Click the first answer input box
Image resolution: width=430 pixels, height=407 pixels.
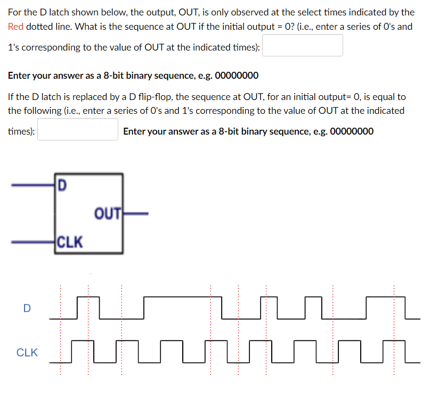[x=303, y=46]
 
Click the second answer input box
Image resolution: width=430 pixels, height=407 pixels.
[x=78, y=130]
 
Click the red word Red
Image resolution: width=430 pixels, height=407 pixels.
[x=16, y=26]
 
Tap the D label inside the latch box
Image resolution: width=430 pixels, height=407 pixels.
[x=62, y=186]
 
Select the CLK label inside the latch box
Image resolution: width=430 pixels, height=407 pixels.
[x=70, y=243]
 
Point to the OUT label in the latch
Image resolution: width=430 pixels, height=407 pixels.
[x=108, y=214]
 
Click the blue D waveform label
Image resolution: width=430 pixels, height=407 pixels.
[x=27, y=308]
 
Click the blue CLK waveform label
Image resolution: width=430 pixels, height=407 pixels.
[x=27, y=352]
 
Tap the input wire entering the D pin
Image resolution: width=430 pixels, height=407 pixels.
[x=33, y=185]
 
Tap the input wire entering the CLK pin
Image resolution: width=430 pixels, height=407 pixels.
[x=33, y=242]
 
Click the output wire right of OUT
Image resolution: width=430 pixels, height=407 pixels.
[x=135, y=214]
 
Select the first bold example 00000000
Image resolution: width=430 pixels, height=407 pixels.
[x=237, y=76]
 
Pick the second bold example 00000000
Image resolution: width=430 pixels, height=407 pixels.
[x=352, y=131]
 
